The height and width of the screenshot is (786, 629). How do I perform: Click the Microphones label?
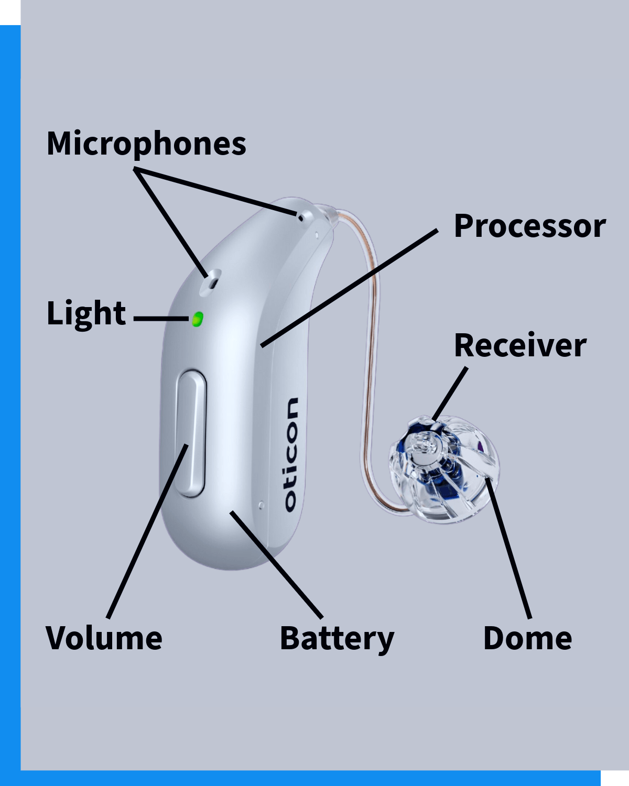pyautogui.click(x=146, y=144)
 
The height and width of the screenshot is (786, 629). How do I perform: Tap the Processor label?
pyautogui.click(x=529, y=226)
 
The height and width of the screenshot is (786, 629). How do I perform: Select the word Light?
pyautogui.click(x=86, y=313)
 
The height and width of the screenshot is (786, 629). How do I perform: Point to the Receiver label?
pyautogui.click(x=519, y=345)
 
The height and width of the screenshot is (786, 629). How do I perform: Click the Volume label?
pyautogui.click(x=104, y=638)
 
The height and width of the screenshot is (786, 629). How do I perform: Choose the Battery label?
pyautogui.click(x=337, y=639)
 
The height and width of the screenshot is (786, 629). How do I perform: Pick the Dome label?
pyautogui.click(x=527, y=638)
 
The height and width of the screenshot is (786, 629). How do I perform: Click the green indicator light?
pyautogui.click(x=198, y=319)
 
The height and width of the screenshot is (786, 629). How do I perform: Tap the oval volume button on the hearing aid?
pyautogui.click(x=190, y=433)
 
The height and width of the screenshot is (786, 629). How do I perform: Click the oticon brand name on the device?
pyautogui.click(x=291, y=454)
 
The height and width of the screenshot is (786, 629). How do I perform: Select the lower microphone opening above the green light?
pyautogui.click(x=212, y=280)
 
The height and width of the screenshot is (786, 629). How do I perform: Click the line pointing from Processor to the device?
pyautogui.click(x=349, y=288)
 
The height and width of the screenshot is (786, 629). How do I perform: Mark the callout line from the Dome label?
pyautogui.click(x=508, y=548)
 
